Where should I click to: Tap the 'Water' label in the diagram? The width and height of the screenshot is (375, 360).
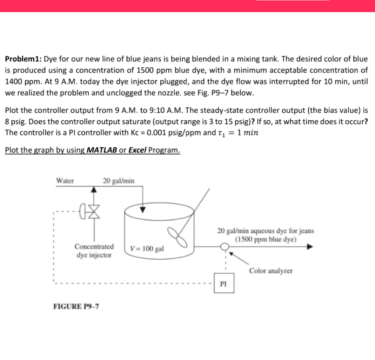tap(65, 180)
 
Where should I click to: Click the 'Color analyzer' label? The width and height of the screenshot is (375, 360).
tap(271, 271)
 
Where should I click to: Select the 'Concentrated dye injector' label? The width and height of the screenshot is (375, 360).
tap(94, 251)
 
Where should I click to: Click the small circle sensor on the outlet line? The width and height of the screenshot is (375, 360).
tap(224, 248)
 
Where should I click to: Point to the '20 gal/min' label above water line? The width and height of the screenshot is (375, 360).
tap(118, 180)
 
